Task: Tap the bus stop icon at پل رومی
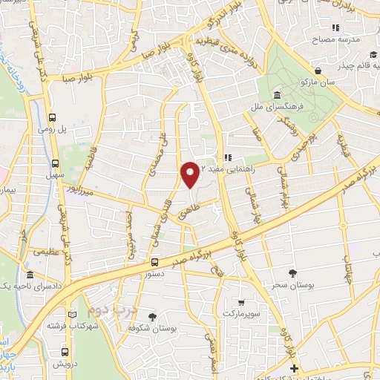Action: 53,117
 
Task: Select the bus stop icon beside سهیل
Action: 56,164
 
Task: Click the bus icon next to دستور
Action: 154,261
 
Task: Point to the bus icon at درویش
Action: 66,353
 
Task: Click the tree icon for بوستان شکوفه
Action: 154,316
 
